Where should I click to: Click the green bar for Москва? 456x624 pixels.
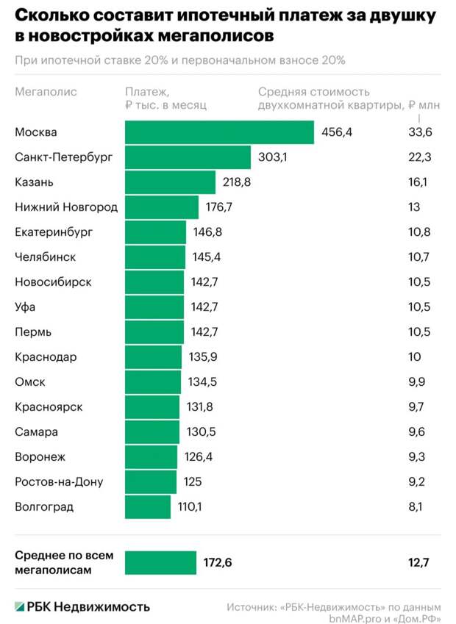219,132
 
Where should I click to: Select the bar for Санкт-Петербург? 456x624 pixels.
188,157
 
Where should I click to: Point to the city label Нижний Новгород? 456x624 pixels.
66,207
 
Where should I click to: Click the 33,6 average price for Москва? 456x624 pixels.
420,132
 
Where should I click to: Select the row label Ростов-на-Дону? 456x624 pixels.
59,482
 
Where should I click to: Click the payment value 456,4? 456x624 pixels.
337,132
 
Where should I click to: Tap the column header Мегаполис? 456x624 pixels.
46,93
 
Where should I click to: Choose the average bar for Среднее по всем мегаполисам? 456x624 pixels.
160,563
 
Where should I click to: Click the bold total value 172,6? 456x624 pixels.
218,563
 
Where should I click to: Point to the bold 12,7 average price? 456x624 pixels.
418,563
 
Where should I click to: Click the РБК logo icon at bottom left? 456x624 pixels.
19,606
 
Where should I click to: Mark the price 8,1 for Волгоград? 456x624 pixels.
416,507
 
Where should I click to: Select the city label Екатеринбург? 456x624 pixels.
54,232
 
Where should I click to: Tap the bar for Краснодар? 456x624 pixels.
153,357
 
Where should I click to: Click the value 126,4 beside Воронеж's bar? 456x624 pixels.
199,457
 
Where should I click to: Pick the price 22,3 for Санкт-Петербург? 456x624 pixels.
419,157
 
